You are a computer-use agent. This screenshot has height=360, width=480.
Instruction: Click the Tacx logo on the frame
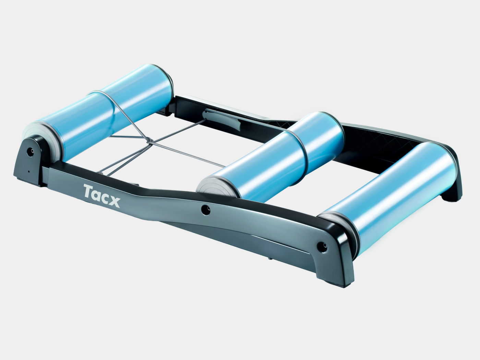pos(102,195)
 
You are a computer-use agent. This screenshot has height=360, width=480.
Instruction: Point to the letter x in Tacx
pos(115,202)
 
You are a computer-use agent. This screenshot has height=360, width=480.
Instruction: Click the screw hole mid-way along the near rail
pos(206,210)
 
